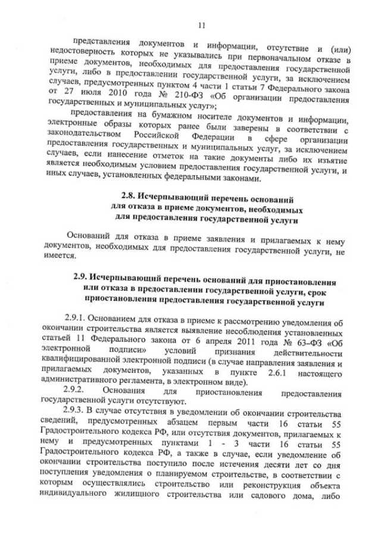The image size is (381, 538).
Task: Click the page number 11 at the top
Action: click(202, 24)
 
